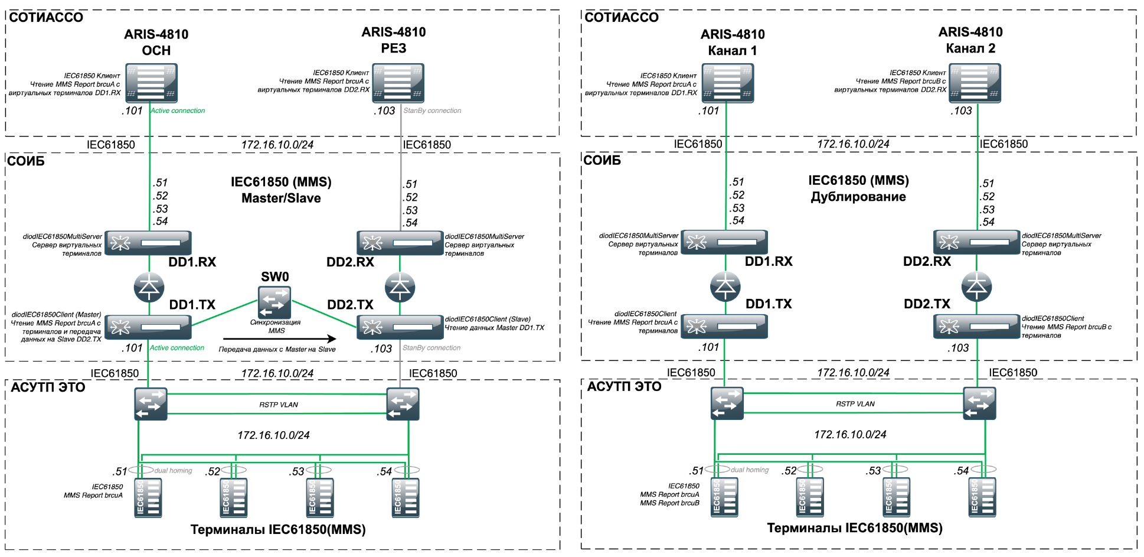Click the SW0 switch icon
point(274,302)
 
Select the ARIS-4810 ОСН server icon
point(151,83)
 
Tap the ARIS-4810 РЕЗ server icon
point(398,83)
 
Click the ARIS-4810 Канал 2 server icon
point(975,83)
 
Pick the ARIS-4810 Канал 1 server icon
point(728,83)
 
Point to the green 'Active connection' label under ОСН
point(178,110)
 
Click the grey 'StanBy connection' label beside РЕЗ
point(432,110)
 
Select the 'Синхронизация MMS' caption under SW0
point(276,327)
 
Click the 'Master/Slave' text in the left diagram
point(281,198)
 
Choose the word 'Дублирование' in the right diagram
point(858,197)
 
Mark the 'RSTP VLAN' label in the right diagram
point(855,404)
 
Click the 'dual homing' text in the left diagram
point(173,471)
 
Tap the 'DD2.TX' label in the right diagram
point(927,304)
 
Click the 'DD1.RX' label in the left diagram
point(192,262)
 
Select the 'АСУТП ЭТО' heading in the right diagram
point(624,386)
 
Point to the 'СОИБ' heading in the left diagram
point(26,161)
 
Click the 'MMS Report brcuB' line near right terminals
point(670,503)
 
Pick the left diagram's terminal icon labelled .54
point(406,498)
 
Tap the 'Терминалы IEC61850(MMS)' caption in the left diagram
point(278,530)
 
